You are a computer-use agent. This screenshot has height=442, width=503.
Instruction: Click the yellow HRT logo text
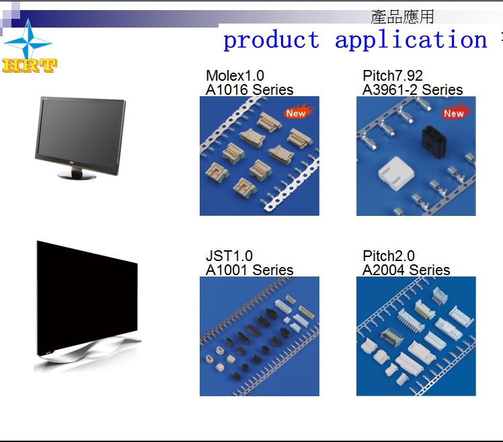pos(30,65)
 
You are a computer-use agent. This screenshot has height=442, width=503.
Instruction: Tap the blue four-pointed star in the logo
pos(28,41)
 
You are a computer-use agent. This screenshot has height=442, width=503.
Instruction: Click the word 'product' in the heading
pos(272,40)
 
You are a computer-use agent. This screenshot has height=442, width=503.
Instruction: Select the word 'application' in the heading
pos(411,40)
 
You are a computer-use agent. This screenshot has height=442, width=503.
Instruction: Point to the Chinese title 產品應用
pos(402,17)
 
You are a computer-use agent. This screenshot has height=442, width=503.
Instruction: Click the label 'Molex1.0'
pos(235,76)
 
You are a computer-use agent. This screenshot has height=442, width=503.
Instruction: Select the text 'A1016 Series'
pos(249,89)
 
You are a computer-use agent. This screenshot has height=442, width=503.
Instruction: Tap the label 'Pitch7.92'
pos(393,76)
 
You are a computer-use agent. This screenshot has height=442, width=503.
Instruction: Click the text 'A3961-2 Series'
pos(412,89)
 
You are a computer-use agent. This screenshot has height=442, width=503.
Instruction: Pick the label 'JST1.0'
pos(229,256)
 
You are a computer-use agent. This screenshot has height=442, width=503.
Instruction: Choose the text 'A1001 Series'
pos(249,270)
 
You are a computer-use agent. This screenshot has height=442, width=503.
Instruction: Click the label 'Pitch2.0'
pos(389,256)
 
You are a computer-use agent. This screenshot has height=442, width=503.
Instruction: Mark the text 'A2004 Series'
pos(406,270)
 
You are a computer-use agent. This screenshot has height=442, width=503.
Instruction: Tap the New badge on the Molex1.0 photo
pos(298,112)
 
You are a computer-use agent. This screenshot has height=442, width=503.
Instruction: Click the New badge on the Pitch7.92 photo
pos(455,112)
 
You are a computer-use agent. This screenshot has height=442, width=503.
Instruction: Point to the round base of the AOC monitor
pos(77,175)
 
